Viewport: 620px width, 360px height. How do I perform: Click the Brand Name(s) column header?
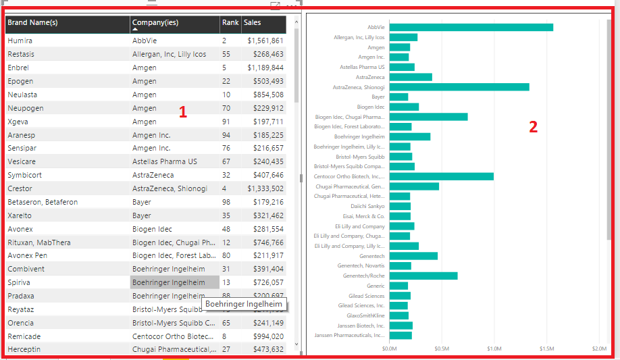pos(32,23)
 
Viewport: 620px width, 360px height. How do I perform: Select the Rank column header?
pos(230,23)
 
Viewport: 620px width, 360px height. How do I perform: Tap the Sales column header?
pos(253,23)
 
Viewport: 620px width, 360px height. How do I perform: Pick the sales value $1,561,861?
pos(265,41)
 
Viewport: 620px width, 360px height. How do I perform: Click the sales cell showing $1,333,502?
pos(265,188)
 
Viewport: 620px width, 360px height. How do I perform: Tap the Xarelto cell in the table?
pos(20,215)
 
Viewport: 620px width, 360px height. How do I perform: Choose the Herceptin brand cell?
pos(24,349)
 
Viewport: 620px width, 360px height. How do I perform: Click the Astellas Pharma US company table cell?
pos(165,161)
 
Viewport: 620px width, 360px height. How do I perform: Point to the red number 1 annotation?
pos(182,113)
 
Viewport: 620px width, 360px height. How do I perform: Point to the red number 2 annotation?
pos(533,126)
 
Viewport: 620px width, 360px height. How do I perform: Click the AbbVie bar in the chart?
pos(471,28)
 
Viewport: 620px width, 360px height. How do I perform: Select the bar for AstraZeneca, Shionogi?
pos(459,87)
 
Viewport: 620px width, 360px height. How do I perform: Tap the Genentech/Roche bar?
pos(423,276)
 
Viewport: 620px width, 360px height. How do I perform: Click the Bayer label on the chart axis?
pos(378,97)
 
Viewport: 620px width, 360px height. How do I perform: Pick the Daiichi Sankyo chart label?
pos(367,206)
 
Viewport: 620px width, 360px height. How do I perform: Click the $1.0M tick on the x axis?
pos(494,349)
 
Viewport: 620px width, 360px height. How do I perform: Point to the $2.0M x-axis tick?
pos(598,349)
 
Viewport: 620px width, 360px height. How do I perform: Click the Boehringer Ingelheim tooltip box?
pos(244,305)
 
